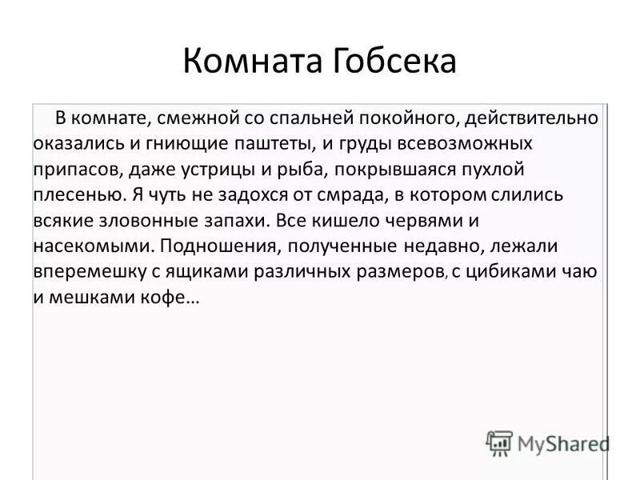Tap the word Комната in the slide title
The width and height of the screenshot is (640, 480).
pos(250,62)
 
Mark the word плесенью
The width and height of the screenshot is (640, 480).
pos(79,195)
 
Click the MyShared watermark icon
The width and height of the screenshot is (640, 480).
pos(499,442)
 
